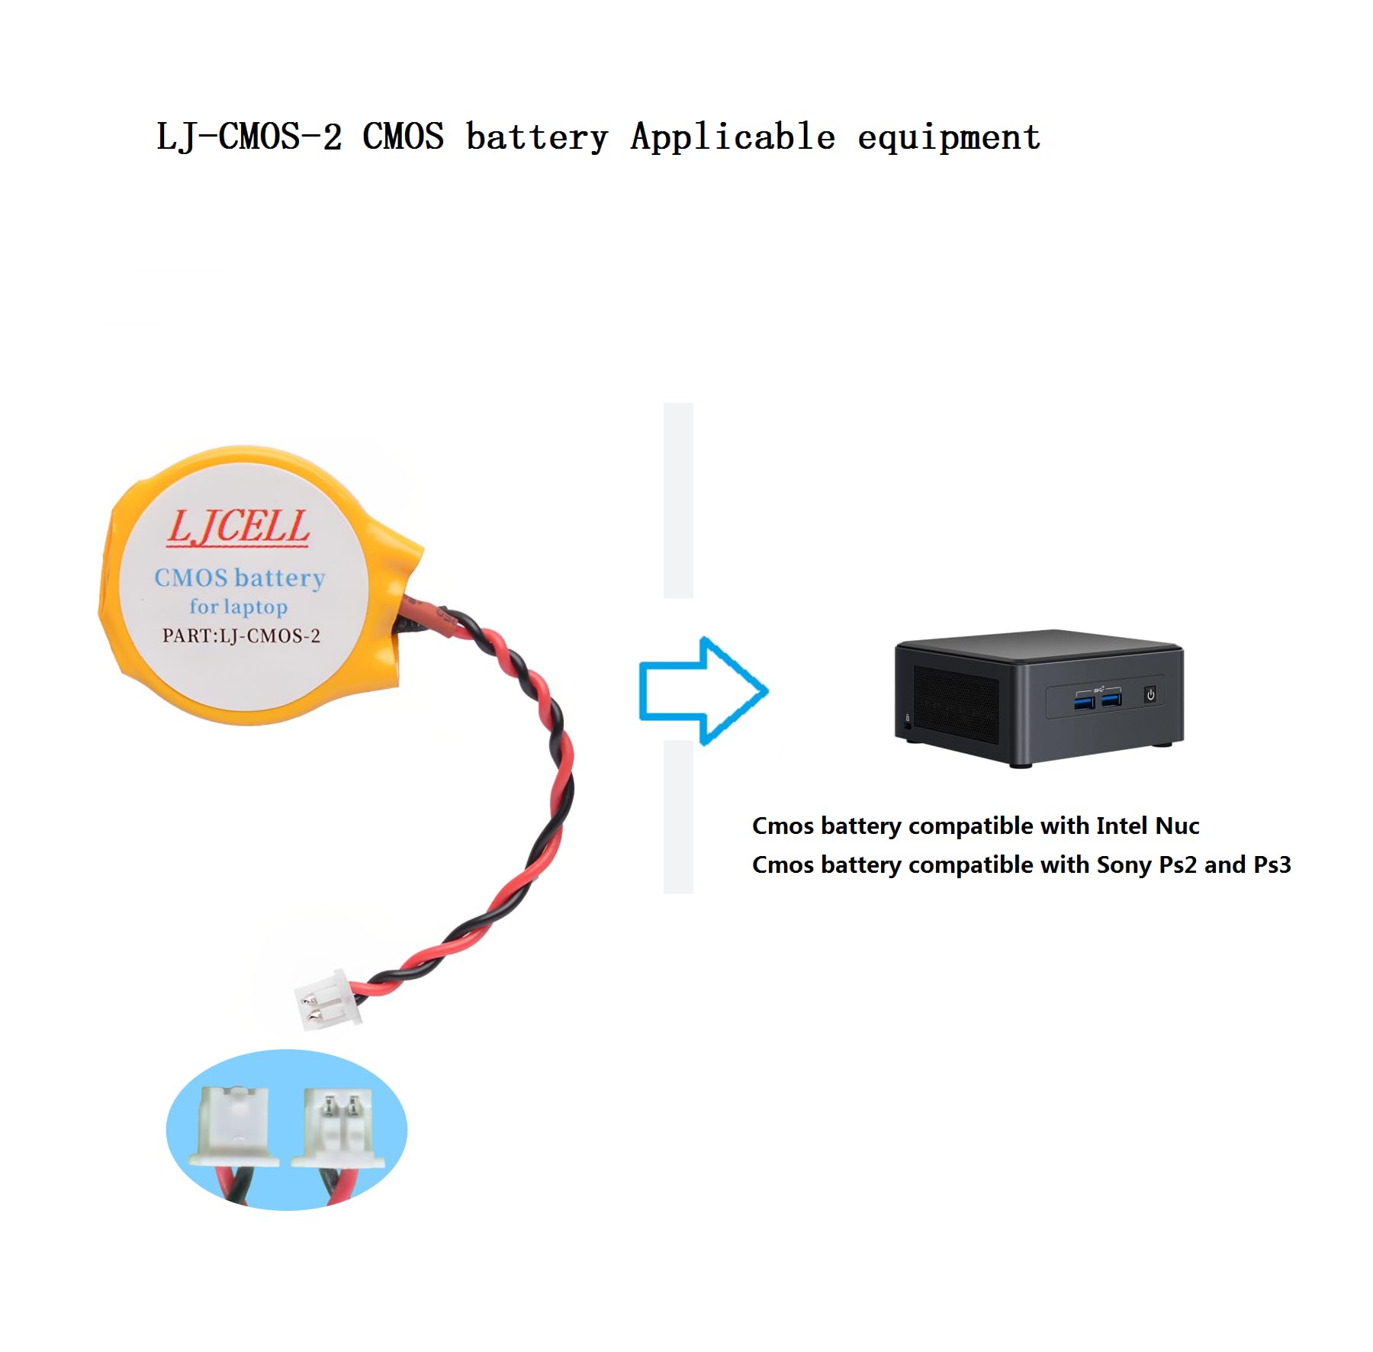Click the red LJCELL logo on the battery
pyautogui.click(x=238, y=526)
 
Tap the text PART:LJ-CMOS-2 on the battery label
pyautogui.click(x=241, y=636)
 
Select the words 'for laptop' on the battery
pyautogui.click(x=239, y=607)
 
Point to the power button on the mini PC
pyautogui.click(x=1150, y=694)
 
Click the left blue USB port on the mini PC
pyautogui.click(x=1085, y=700)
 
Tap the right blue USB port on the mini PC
pyautogui.click(x=1111, y=698)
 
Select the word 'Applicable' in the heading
pyautogui.click(x=732, y=137)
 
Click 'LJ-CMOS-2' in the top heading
pyautogui.click(x=249, y=137)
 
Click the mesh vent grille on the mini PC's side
pyautogui.click(x=956, y=704)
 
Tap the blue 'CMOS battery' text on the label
pyautogui.click(x=240, y=578)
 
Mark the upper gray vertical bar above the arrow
pyautogui.click(x=678, y=500)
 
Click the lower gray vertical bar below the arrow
pyautogui.click(x=678, y=816)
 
